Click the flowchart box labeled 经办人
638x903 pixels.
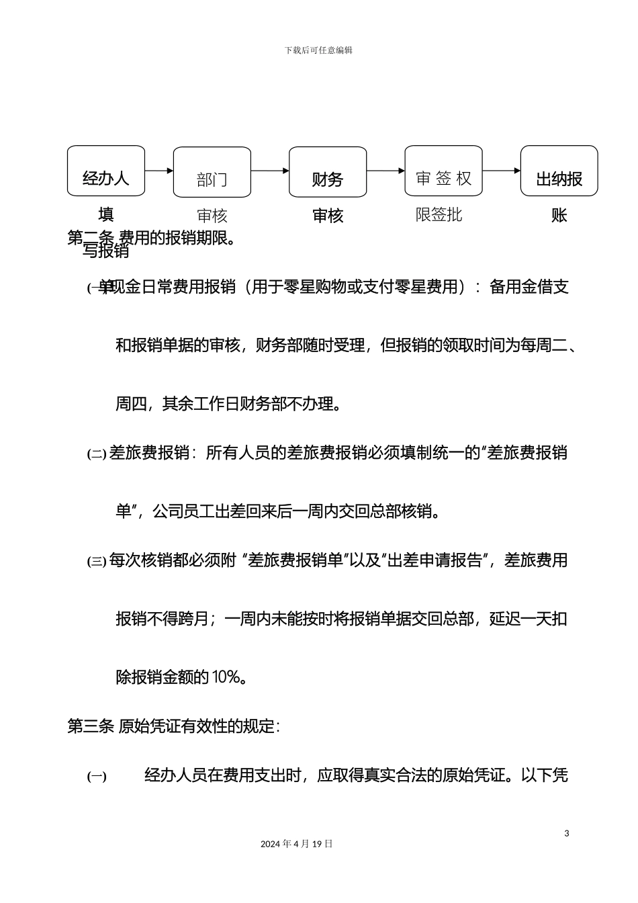coord(106,171)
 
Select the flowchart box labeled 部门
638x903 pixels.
coord(212,173)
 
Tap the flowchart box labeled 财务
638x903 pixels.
coord(328,173)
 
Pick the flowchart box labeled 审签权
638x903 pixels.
coord(443,171)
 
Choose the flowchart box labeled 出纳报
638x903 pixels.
coord(559,171)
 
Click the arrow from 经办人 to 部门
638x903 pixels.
coord(159,171)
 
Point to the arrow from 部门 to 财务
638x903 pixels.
coord(270,171)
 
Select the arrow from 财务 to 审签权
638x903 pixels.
coord(385,171)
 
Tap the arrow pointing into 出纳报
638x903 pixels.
coord(502,171)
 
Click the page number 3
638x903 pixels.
coord(567,834)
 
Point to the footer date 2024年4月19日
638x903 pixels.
coord(297,844)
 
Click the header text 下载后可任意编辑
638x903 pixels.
coord(318,50)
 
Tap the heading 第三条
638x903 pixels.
coord(91,726)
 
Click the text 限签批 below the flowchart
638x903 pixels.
coord(439,215)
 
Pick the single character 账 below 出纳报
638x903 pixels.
coord(559,216)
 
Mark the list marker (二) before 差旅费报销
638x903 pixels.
coord(97,454)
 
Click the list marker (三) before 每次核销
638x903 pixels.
coord(97,561)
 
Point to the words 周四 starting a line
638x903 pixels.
coord(131,404)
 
